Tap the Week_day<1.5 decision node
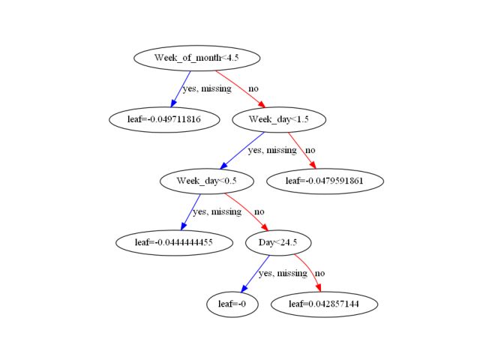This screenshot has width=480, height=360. coord(278,119)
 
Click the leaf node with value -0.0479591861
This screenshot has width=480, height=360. coord(324,181)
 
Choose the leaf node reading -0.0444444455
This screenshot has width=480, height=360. coord(173,242)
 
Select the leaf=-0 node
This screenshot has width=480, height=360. coord(226,304)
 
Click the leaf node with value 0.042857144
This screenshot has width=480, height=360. coord(324,304)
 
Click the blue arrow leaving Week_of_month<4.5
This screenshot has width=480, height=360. coord(182,88)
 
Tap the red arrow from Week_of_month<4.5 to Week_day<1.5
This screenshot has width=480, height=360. coord(241,88)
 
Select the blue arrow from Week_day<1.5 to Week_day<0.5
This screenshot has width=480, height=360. coord(241,150)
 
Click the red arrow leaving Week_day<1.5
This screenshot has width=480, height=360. coord(301,150)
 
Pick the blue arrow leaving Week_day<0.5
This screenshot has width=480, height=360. coord(191,211)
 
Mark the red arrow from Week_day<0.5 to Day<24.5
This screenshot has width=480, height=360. coord(246,211)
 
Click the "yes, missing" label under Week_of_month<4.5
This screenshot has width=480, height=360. coord(206,89)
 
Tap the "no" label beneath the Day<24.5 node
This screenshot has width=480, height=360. coord(319,274)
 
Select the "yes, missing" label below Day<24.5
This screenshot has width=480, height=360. coord(283,274)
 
